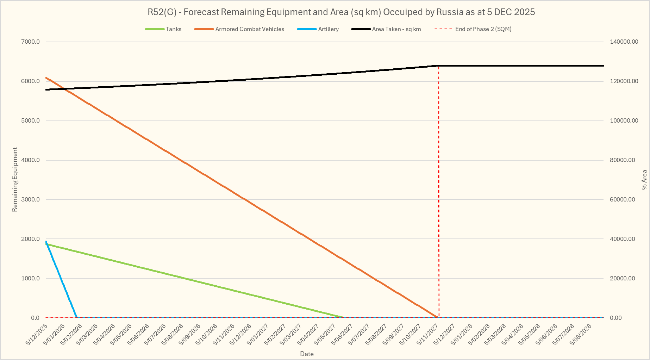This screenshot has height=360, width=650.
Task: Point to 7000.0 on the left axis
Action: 31,42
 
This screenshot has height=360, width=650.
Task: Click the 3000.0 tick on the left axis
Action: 31,200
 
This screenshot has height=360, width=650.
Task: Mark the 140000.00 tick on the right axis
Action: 624,42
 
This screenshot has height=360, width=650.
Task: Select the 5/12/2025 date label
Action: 37,335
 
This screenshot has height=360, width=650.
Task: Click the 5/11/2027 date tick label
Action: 428,335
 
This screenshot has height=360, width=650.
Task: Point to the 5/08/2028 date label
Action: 581,335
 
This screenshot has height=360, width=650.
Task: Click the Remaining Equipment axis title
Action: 15,180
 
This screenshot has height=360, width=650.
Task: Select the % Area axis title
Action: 644,180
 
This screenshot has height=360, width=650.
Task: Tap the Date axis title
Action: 307,354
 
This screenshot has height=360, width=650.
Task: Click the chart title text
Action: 341,12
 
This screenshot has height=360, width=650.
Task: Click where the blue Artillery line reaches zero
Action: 77,317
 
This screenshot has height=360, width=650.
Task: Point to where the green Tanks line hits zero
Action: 344,317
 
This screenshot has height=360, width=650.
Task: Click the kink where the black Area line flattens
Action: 437,66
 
